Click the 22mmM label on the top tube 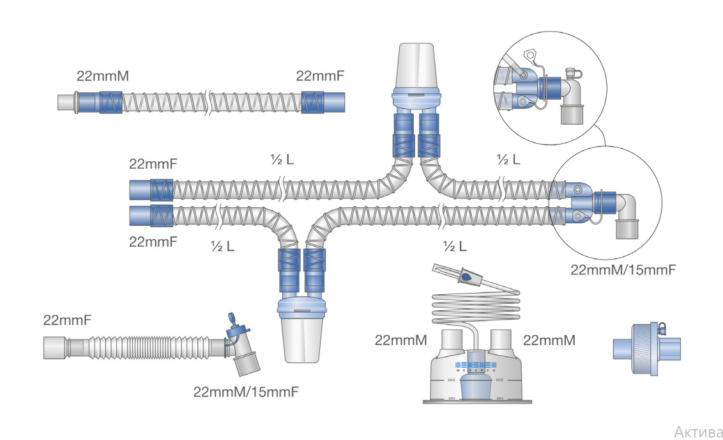(102, 75)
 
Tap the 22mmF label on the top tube (320, 75)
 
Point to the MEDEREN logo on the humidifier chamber (476, 366)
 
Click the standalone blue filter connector (647, 349)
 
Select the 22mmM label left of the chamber (400, 340)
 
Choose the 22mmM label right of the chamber (549, 340)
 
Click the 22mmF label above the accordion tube (67, 320)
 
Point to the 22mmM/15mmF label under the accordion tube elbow (246, 392)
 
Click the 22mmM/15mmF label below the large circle (623, 270)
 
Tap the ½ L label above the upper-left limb (282, 160)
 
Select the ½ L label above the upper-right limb (508, 160)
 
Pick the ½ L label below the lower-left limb (223, 246)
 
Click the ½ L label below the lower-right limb (455, 246)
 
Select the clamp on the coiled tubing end (466, 276)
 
